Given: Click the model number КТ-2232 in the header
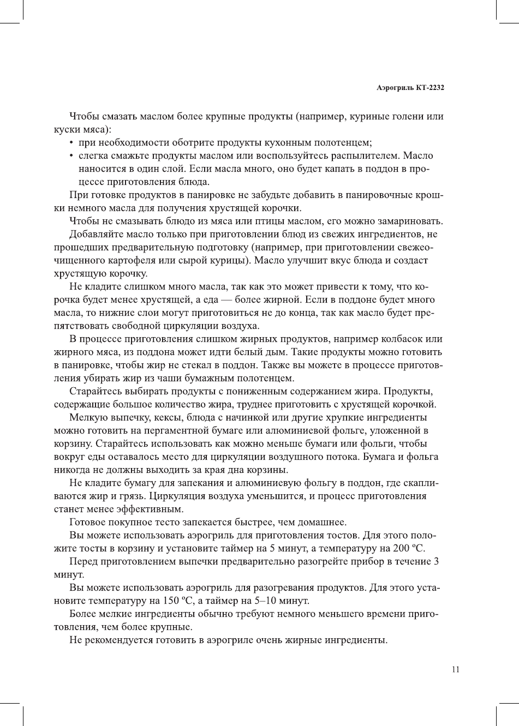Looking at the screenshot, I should (429, 87).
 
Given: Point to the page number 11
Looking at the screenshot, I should (456, 670).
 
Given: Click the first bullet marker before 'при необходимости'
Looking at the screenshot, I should (73, 143).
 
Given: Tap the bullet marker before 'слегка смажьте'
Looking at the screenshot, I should (73, 156).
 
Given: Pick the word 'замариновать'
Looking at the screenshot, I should (412, 221).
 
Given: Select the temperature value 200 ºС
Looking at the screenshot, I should (409, 549).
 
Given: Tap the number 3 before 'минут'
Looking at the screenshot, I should (436, 562).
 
